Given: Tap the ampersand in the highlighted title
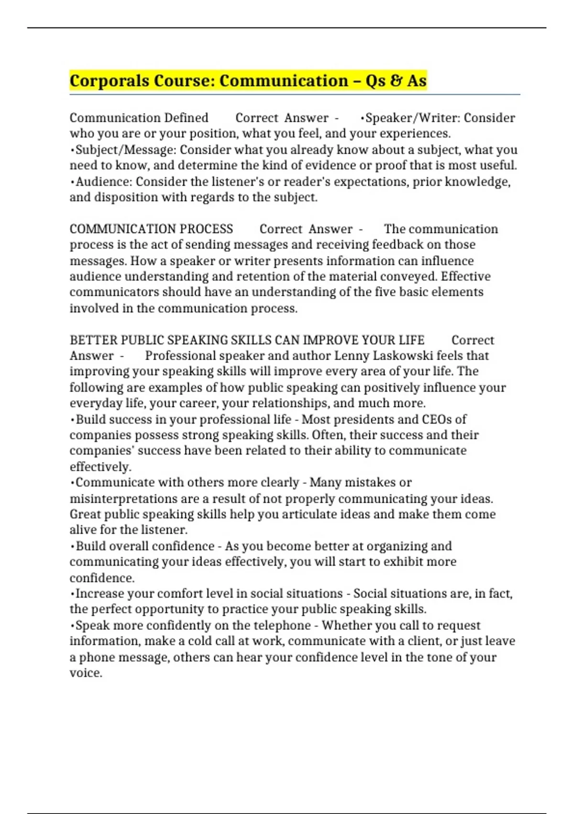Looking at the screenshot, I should point(395,81).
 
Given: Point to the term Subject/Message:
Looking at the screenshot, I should point(126,150).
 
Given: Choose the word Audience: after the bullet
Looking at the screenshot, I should point(104,182).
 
